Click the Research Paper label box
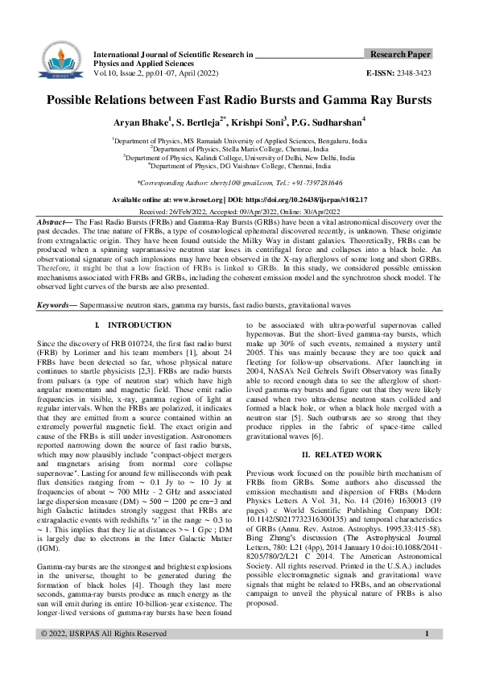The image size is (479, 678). [399, 54]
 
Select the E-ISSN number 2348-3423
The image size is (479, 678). [411, 72]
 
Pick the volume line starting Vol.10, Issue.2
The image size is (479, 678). [155, 72]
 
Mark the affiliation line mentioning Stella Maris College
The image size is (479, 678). [239, 149]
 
